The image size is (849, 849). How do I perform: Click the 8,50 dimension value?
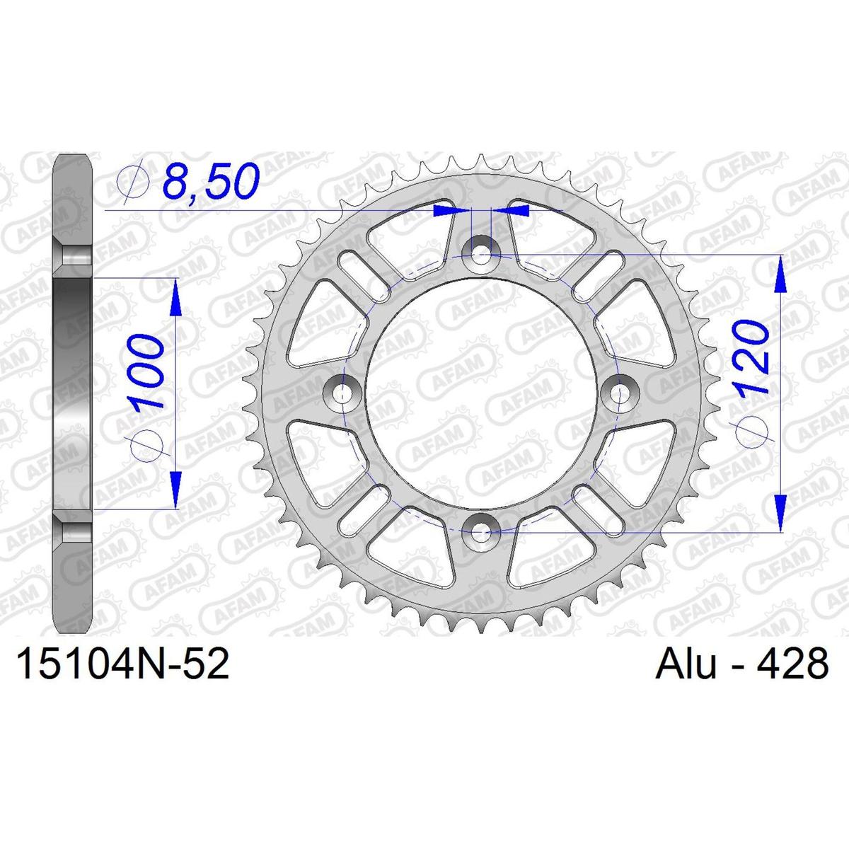[x=211, y=180]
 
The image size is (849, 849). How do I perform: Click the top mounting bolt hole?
[x=480, y=255]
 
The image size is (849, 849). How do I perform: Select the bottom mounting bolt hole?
[x=480, y=532]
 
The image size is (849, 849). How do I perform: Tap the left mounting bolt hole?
[x=342, y=393]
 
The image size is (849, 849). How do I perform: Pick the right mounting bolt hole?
[x=620, y=393]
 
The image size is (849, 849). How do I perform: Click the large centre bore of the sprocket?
[x=480, y=393]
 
